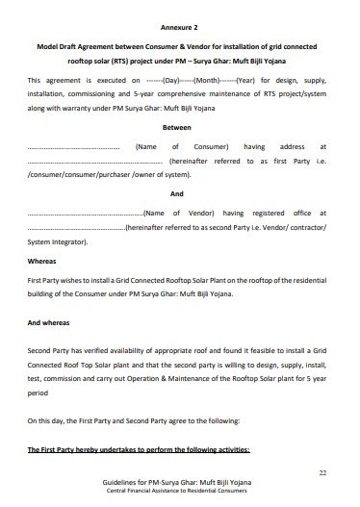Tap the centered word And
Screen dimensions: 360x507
[x=179, y=191]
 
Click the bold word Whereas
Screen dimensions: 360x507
[x=44, y=261]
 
